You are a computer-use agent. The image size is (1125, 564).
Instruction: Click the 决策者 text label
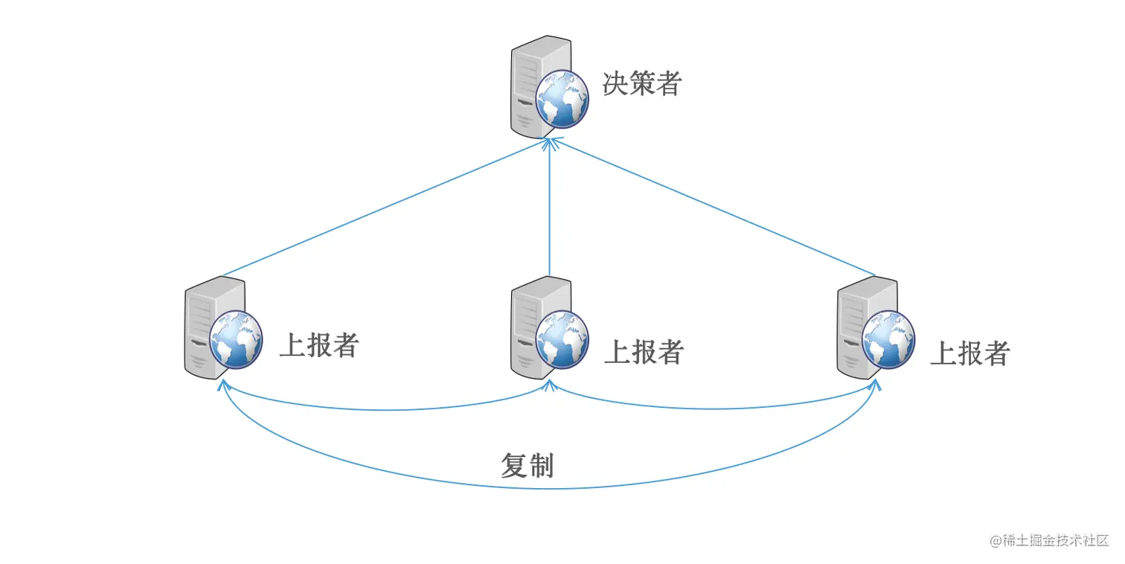coord(641,84)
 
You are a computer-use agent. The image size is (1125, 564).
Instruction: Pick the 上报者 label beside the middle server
coord(644,352)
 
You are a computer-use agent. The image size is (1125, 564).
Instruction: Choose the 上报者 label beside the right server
coord(969,353)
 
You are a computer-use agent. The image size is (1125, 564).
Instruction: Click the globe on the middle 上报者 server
coord(562,339)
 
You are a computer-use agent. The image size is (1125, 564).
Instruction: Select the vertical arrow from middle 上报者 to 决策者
coord(549,208)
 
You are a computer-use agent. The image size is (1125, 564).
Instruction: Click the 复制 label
coord(527,466)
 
